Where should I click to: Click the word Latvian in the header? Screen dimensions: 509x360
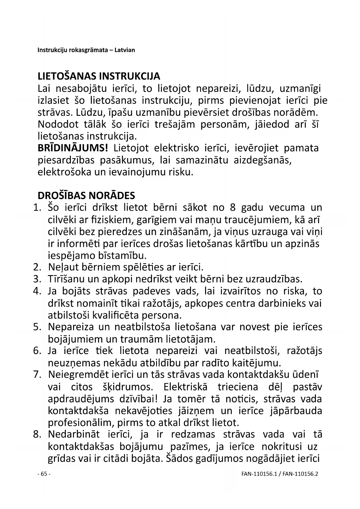point(124,50)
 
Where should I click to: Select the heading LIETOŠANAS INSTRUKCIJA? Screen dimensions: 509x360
point(99,76)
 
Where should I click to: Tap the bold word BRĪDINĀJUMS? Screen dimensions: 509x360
point(73,148)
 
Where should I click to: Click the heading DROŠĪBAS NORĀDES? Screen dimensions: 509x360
point(86,195)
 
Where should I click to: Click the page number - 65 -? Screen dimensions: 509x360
point(44,474)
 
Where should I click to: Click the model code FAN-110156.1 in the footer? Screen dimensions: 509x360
point(259,474)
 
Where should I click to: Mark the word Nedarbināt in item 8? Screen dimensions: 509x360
point(74,434)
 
